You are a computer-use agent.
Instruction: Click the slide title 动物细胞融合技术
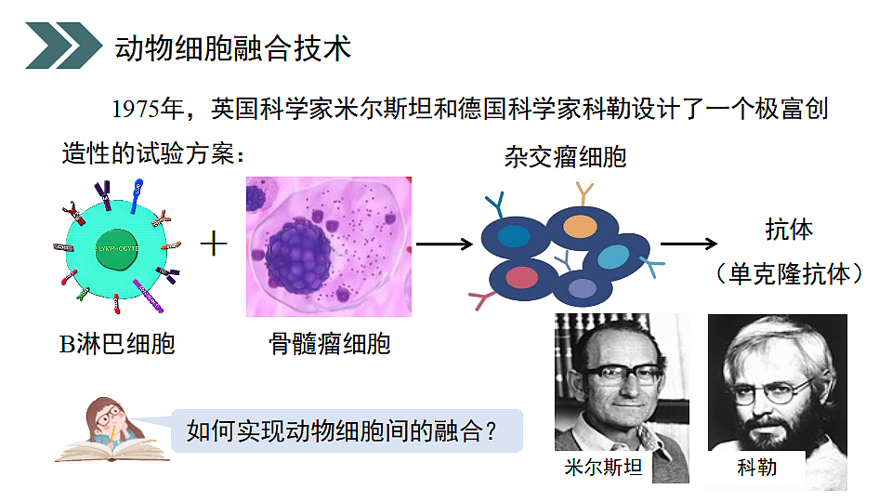(x=232, y=47)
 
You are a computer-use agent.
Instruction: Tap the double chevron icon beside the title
(x=63, y=46)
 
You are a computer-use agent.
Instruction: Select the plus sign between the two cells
(x=215, y=244)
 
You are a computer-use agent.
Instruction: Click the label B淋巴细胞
(x=117, y=345)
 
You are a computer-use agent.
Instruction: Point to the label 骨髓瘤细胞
(x=330, y=345)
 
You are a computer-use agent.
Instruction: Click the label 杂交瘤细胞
(x=565, y=156)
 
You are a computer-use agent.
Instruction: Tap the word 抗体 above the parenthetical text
(x=788, y=229)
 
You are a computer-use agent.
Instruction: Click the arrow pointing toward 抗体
(x=688, y=244)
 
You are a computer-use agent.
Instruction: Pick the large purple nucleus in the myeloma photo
(x=297, y=252)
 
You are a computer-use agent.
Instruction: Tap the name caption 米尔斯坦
(x=603, y=468)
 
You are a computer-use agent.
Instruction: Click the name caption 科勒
(x=756, y=468)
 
